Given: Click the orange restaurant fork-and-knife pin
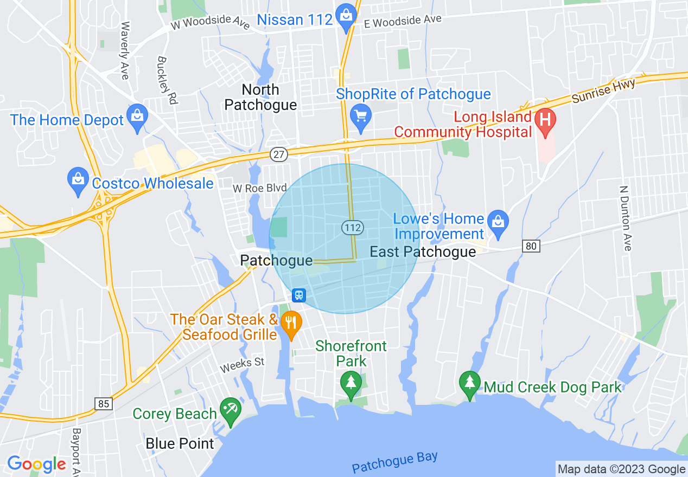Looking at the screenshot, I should point(292,324).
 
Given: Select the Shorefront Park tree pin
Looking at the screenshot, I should point(351,383).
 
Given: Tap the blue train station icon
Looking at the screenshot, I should point(299,295).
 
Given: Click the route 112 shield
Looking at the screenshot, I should point(353,228).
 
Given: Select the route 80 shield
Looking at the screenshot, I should point(532,247).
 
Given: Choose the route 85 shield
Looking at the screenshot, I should point(103,403).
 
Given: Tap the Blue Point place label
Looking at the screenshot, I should point(180,443).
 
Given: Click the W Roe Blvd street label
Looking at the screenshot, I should point(259,188).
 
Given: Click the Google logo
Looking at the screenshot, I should point(36,464).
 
